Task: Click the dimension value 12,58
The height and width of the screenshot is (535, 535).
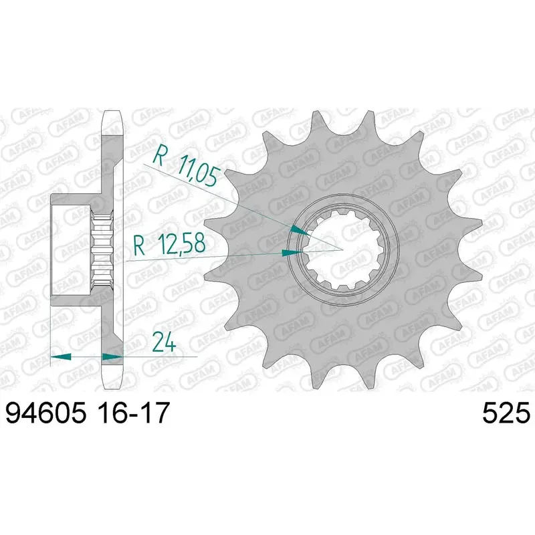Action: [x=181, y=244]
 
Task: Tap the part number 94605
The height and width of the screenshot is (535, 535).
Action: [x=45, y=412]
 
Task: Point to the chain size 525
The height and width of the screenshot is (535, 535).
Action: [x=506, y=412]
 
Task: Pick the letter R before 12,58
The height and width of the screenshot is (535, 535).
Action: [x=140, y=245]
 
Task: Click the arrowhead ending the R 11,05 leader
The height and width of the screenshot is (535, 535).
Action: [x=301, y=230]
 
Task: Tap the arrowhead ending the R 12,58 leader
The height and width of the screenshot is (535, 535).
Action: [x=292, y=253]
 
